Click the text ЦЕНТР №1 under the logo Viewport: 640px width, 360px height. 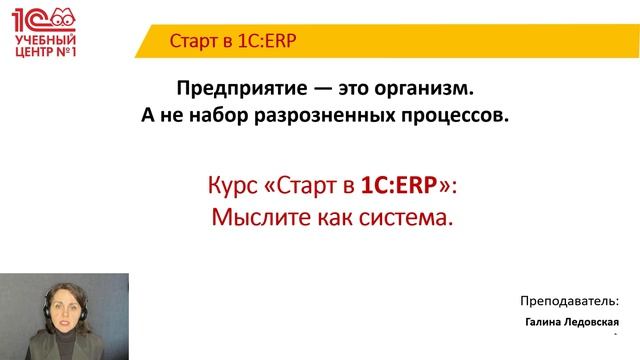41,53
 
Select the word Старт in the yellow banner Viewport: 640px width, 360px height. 193,41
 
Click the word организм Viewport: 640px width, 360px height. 417,88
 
